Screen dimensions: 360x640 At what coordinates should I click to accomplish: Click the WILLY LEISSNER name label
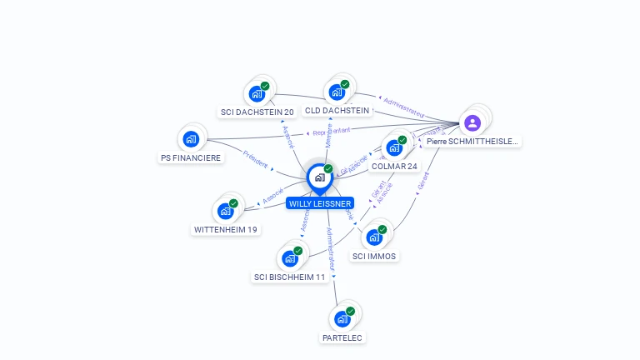click(x=320, y=203)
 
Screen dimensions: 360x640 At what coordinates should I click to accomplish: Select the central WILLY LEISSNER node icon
click(x=320, y=177)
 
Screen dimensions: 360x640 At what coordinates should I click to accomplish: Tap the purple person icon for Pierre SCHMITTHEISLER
click(x=472, y=123)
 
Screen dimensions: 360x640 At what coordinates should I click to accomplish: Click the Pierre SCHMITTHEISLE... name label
click(x=472, y=142)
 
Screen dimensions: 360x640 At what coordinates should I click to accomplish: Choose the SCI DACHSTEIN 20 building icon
click(x=257, y=93)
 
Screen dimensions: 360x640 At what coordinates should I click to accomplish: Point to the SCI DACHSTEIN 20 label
click(x=257, y=112)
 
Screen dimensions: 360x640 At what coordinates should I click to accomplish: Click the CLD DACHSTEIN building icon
click(x=337, y=92)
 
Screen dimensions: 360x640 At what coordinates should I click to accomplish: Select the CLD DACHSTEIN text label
click(x=337, y=110)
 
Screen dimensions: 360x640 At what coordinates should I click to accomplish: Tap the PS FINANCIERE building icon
click(x=192, y=138)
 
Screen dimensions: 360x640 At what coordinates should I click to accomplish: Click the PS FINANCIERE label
click(x=191, y=157)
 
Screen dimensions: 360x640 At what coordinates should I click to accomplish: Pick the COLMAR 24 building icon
click(x=394, y=147)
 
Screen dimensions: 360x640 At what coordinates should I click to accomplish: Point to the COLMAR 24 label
click(x=394, y=166)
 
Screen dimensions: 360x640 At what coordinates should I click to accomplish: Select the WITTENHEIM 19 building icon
click(x=225, y=211)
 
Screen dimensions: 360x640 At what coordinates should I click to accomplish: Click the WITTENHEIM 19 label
click(x=226, y=229)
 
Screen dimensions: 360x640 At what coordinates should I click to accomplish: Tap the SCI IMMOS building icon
click(x=374, y=237)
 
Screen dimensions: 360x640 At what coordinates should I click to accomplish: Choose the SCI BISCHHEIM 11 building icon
click(x=290, y=258)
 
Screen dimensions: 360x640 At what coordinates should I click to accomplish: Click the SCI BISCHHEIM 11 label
click(x=290, y=277)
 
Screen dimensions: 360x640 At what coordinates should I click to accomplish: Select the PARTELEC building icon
click(x=342, y=319)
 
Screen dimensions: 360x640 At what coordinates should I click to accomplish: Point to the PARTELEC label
click(x=342, y=337)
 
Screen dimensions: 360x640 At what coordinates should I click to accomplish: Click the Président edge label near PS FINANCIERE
click(x=256, y=159)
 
